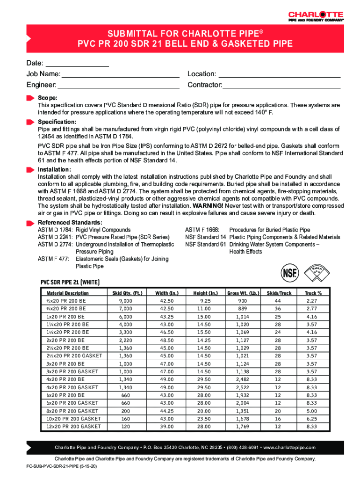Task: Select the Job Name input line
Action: click(121, 74)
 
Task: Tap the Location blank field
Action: click(279, 74)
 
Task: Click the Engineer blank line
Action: click(118, 85)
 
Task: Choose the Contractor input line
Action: click(282, 85)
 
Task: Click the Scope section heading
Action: click(48, 98)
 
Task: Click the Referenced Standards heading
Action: click(70, 222)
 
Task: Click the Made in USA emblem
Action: click(319, 271)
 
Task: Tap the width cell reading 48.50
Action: click(166, 340)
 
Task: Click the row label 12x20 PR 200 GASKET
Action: click(73, 427)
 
